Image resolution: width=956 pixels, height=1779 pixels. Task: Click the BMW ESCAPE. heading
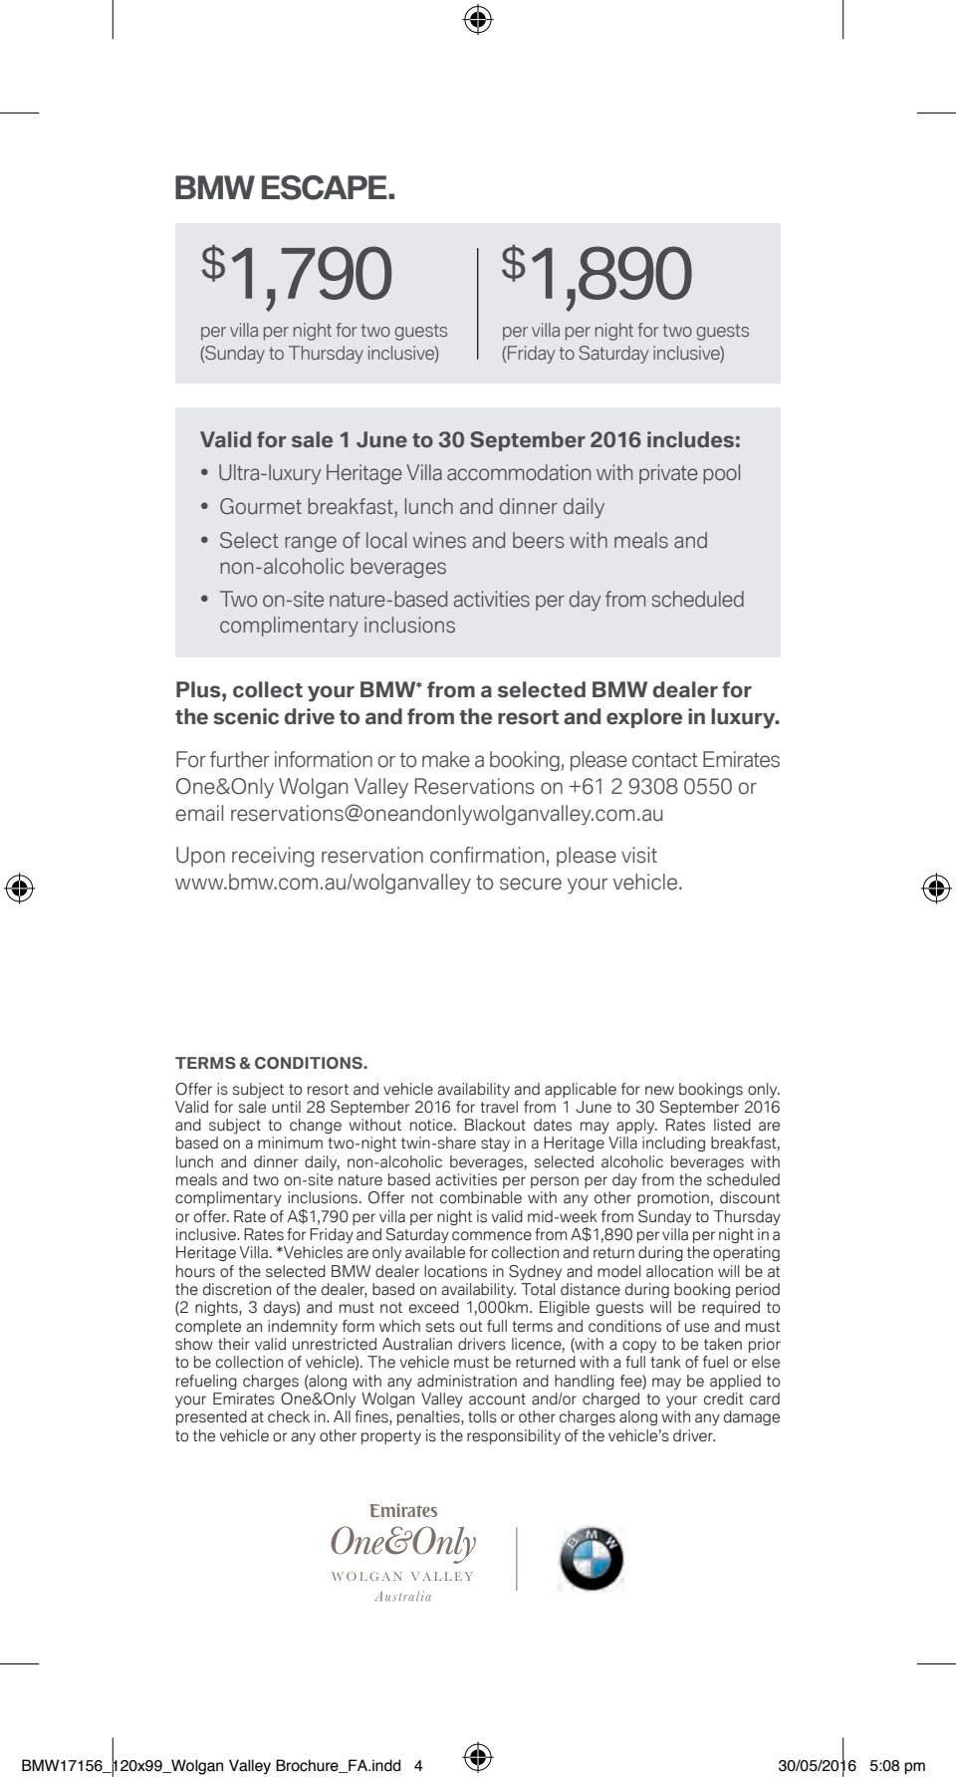pos(285,188)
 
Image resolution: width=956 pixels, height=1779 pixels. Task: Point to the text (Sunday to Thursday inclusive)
pos(320,354)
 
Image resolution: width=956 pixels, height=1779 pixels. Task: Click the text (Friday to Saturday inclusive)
pos(613,354)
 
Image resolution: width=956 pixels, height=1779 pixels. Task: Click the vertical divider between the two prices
pos(479,303)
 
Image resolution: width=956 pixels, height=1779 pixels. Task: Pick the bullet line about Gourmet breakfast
pos(411,507)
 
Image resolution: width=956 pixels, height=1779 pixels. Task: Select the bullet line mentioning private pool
pos(479,473)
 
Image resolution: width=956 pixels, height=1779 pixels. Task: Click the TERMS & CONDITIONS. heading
pos(271,1063)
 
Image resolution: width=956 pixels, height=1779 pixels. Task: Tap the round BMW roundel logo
pos(592,1558)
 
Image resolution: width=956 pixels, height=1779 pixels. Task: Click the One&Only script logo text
pos(403,1542)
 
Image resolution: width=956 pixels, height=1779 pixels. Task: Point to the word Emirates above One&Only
pos(403,1511)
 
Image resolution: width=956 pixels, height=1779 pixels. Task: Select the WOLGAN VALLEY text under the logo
pos(403,1577)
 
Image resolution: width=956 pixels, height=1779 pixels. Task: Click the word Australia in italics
pos(403,1597)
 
